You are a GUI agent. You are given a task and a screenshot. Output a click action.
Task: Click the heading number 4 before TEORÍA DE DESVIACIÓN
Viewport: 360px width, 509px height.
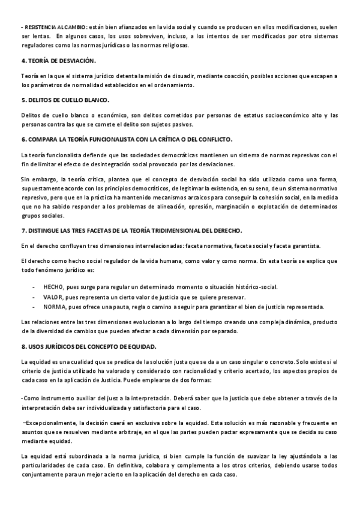[x=23, y=61]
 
